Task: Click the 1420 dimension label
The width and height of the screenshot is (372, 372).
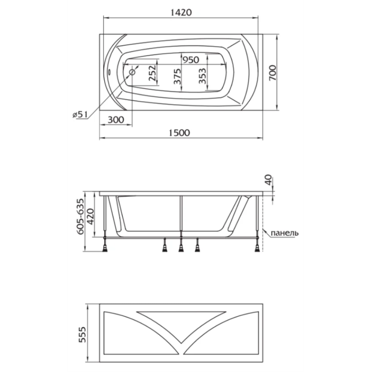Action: tap(181, 12)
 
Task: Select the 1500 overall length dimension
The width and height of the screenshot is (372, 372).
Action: tap(179, 133)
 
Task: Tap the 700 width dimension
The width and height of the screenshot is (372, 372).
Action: tap(273, 73)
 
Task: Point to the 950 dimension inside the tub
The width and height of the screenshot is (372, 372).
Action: tap(191, 60)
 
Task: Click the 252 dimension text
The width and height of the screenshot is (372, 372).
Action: tap(153, 73)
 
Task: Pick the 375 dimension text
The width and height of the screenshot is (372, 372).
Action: tap(177, 76)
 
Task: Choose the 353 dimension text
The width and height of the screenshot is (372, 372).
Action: tap(202, 76)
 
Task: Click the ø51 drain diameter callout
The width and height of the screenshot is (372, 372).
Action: tap(80, 115)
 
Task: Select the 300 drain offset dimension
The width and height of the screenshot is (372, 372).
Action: tap(116, 120)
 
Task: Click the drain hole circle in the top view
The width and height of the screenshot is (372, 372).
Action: tap(132, 72)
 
